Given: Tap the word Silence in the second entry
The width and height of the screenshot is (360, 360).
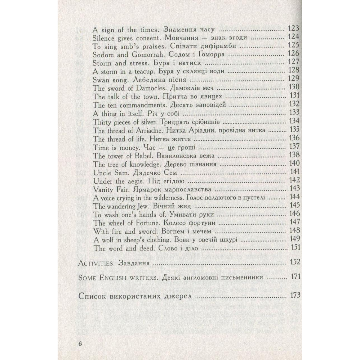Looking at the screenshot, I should [103, 38].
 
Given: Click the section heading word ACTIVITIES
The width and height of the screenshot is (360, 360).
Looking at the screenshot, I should [95, 263].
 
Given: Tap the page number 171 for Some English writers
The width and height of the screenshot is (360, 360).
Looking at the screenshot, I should [295, 277].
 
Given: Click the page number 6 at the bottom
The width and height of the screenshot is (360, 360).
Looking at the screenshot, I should [80, 344].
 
